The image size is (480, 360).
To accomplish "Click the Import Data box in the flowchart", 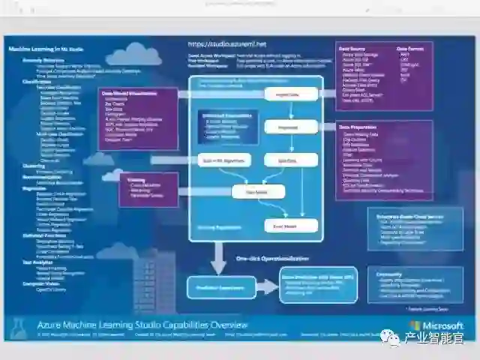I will point(287,96).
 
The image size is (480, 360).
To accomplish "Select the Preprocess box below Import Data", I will point(287,128).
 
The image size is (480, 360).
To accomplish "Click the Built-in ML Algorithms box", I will point(219,160).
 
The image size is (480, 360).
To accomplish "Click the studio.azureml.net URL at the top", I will point(217,44).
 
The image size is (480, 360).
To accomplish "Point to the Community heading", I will point(390,274).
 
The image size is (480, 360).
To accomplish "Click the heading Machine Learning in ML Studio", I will point(44,49).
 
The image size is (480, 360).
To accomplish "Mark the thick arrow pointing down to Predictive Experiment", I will point(217,259).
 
